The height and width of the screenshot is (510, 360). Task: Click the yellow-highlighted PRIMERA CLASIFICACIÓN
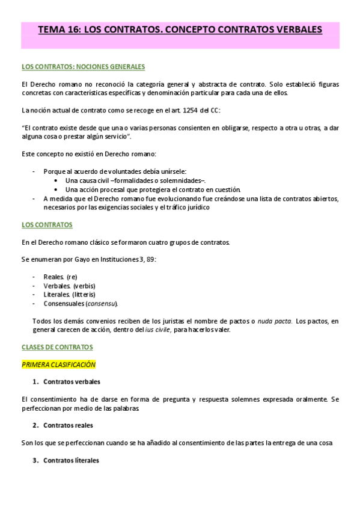coord(58,365)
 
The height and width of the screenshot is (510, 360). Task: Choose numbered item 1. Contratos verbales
coord(67,382)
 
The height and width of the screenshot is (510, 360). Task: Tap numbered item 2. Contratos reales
coord(64,425)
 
